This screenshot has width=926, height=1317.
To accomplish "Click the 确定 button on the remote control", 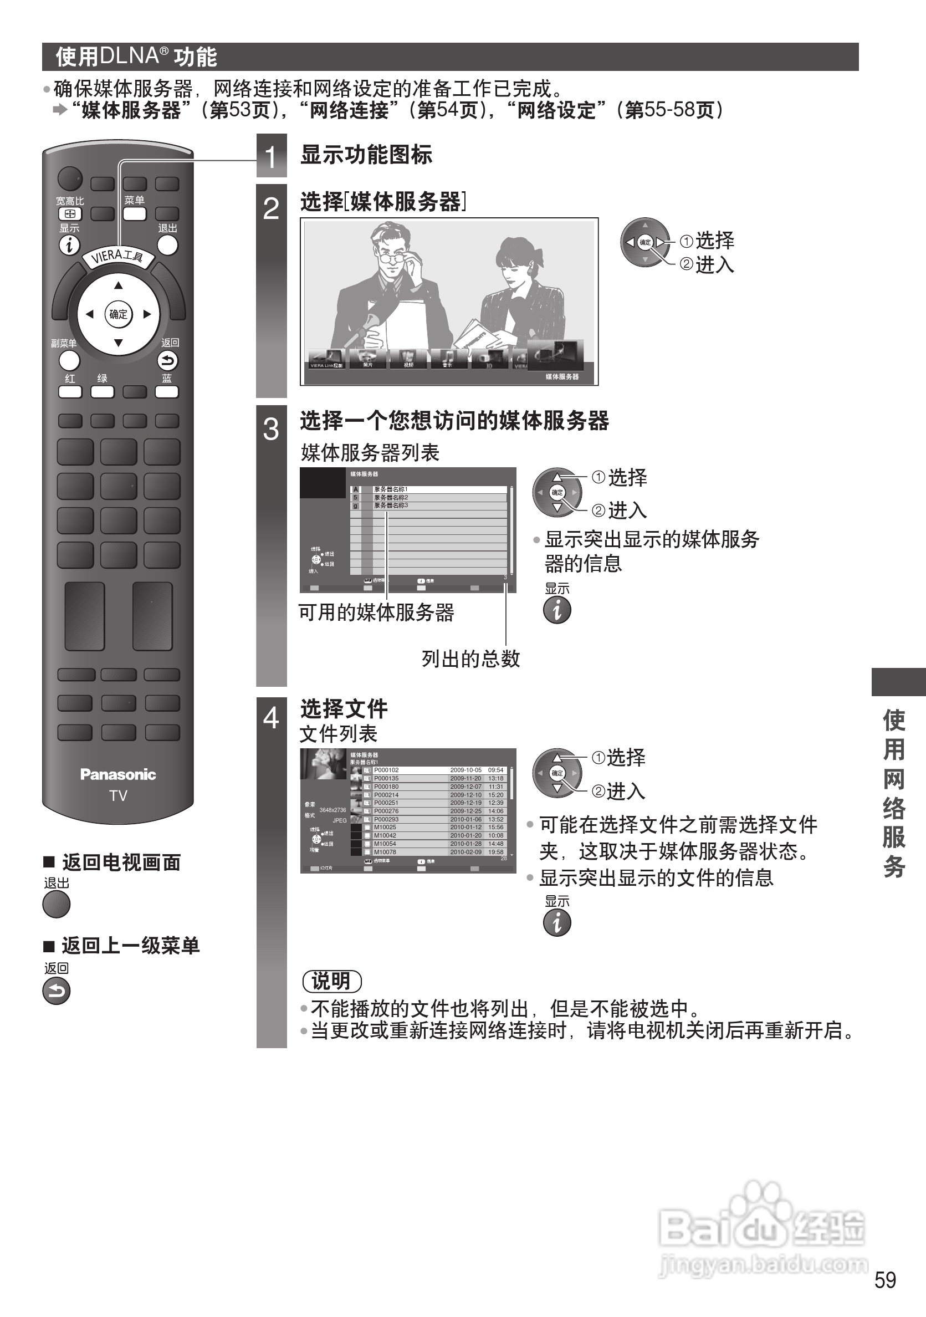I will [118, 314].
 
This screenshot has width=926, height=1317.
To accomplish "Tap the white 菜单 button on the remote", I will [134, 214].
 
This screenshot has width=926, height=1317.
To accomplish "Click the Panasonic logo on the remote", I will [118, 774].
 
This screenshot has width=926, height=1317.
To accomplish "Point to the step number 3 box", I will [271, 429].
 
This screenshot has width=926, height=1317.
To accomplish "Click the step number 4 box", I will [271, 718].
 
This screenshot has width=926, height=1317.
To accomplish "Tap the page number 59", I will [886, 1279].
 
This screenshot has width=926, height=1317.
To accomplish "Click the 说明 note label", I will [331, 981].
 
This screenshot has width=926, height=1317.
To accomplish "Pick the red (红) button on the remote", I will [70, 392].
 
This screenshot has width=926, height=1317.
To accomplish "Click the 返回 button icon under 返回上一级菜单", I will [56, 991].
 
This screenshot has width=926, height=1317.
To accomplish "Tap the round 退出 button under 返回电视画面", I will [56, 905].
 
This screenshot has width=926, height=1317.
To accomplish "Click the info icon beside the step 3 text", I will [557, 610].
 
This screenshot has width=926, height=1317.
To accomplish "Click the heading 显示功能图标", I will [366, 155].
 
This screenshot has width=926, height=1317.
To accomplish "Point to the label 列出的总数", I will [470, 658].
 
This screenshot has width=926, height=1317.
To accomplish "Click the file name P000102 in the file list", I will [386, 770].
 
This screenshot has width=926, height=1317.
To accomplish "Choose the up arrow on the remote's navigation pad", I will [118, 285].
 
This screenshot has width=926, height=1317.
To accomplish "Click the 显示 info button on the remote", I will [69, 246].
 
